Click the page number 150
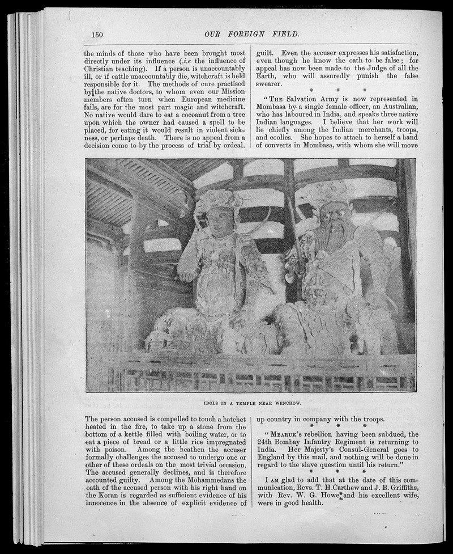point(97,35)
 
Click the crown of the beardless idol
point(219,198)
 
